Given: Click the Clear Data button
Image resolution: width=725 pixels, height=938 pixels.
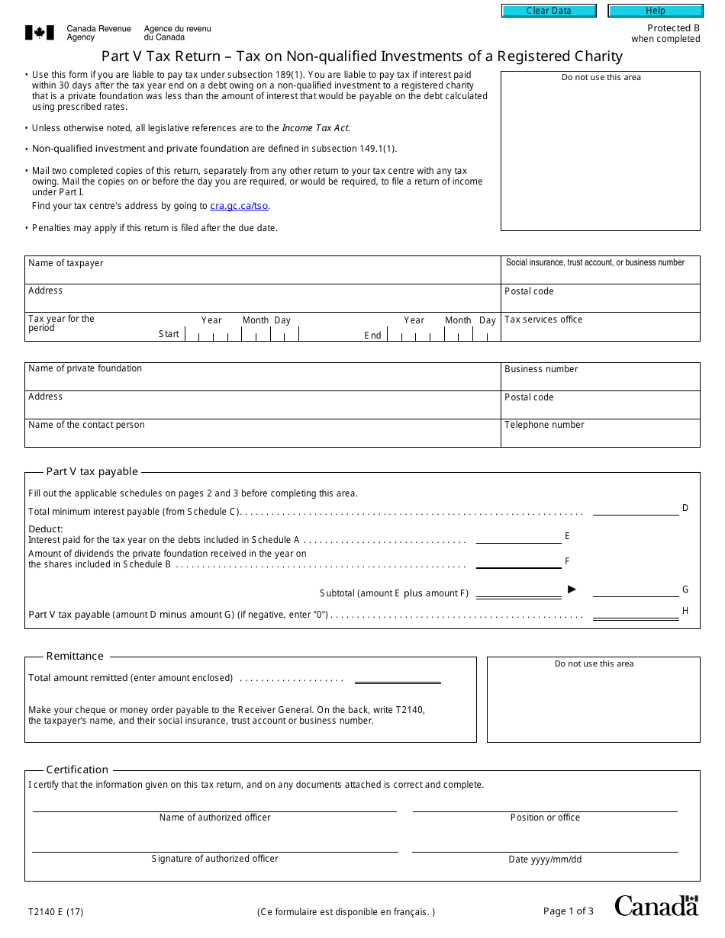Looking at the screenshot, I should pos(549,11).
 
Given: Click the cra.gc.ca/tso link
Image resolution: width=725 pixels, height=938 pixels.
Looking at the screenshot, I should pos(239,206).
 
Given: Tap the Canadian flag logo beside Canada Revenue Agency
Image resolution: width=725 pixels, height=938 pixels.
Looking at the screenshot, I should pos(40,32).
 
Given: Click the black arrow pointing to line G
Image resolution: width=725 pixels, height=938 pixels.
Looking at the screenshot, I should pos(572,589).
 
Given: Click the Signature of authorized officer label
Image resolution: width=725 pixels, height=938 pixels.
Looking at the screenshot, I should pos(214,859).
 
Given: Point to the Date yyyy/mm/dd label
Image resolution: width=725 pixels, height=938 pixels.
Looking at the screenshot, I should pos(545,859).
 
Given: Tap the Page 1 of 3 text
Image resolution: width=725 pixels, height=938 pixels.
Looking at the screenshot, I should pos(568,911).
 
